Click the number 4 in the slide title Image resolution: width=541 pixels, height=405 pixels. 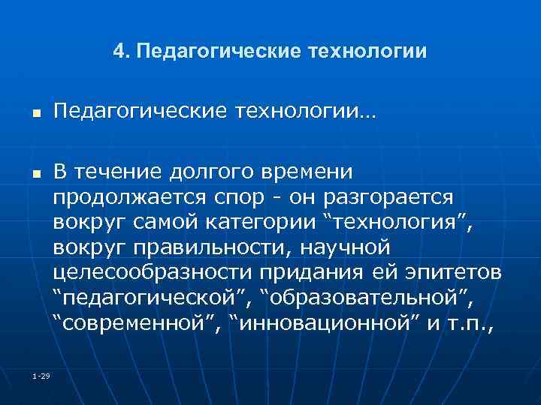click(x=118, y=52)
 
